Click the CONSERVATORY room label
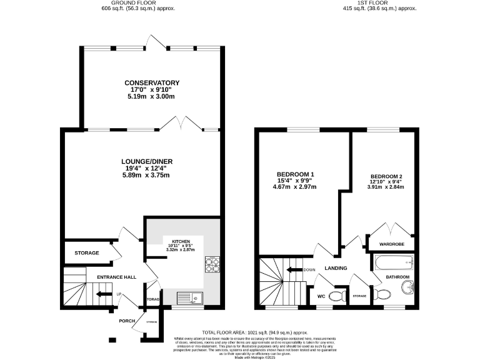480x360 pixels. (x=152, y=83)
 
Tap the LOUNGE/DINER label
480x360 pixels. (x=147, y=161)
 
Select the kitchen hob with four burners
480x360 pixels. (x=212, y=266)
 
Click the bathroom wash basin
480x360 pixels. (x=408, y=287)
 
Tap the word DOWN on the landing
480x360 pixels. (x=309, y=270)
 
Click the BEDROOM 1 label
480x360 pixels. (x=295, y=174)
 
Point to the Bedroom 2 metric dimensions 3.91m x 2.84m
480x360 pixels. (x=386, y=187)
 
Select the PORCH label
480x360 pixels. (x=127, y=321)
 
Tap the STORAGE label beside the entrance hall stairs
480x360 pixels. (x=87, y=253)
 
